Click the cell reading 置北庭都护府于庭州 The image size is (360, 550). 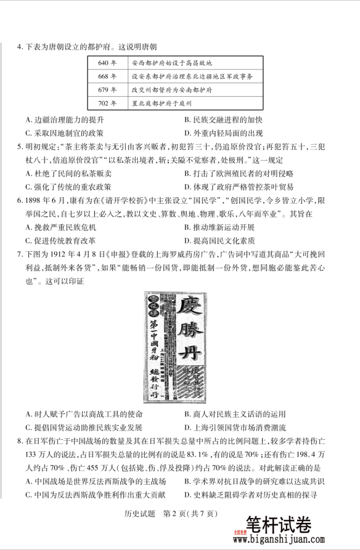pos(162,103)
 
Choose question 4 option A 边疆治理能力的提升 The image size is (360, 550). pos(65,119)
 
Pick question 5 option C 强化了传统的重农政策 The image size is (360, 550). pos(69,187)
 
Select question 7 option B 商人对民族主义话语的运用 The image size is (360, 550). pos(235,414)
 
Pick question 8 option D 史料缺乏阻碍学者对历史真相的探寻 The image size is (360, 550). pos(251,495)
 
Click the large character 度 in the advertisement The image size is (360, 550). pos(190,306)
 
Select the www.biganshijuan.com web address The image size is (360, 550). pos(289,540)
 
